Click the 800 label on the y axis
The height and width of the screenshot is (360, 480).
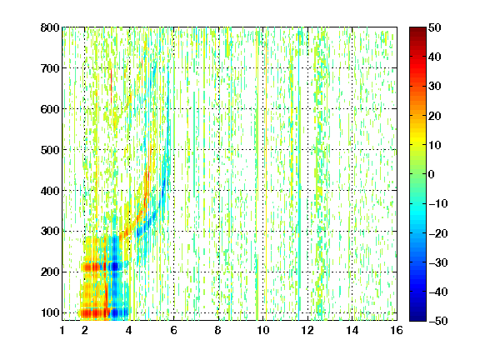click(x=50, y=27)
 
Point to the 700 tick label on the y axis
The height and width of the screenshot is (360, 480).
click(x=50, y=68)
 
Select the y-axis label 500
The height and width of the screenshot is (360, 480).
click(x=50, y=150)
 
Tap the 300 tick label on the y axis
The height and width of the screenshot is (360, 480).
click(x=50, y=232)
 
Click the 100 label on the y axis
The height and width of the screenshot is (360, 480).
click(x=50, y=312)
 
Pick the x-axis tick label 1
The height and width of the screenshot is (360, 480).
click(x=62, y=330)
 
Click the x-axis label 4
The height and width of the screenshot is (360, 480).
click(x=129, y=330)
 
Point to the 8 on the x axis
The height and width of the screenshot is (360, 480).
click(x=218, y=330)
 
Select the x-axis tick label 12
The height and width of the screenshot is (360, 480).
click(x=307, y=330)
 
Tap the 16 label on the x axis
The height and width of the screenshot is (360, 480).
click(x=397, y=330)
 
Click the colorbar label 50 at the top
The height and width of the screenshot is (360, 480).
click(x=435, y=27)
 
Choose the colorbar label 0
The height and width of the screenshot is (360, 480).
click(x=432, y=174)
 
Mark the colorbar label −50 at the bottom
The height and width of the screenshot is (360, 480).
click(x=438, y=321)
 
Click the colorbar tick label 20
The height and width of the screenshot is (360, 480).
click(x=435, y=116)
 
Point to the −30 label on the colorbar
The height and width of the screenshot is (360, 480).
click(x=438, y=262)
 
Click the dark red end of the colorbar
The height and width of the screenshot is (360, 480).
click(x=417, y=30)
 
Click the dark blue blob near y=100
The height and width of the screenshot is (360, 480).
click(x=117, y=313)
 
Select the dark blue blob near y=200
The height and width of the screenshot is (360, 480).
click(x=115, y=267)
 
